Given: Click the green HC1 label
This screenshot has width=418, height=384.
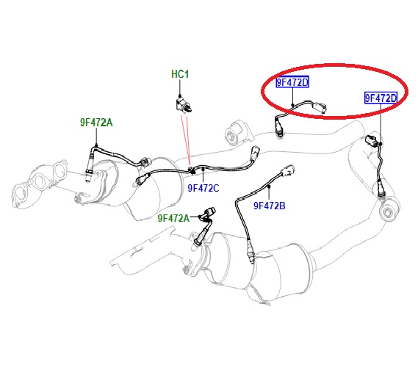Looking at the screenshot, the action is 180,74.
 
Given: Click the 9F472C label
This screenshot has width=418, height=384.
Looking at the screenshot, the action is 203,188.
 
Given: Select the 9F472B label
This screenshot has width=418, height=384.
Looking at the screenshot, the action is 270,206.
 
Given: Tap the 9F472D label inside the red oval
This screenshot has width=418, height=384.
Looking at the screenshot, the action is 292,82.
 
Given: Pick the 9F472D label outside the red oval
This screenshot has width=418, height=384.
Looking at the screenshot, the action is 381,98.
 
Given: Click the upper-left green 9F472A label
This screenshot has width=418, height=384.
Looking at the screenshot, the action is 96,123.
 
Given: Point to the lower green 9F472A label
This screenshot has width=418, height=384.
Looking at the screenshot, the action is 173,218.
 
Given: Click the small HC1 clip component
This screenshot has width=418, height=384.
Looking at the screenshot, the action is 184,105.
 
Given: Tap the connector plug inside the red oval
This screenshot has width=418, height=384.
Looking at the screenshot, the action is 320,108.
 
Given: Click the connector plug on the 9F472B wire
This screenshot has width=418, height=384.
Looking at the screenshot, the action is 287,170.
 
